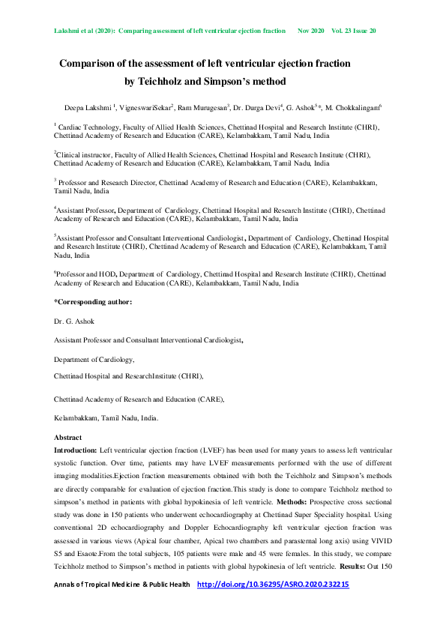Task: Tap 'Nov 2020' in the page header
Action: (x=310, y=31)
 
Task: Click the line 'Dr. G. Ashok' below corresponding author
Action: (x=76, y=321)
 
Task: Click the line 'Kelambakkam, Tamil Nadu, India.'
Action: (x=106, y=417)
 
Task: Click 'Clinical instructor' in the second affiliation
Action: (x=84, y=154)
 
